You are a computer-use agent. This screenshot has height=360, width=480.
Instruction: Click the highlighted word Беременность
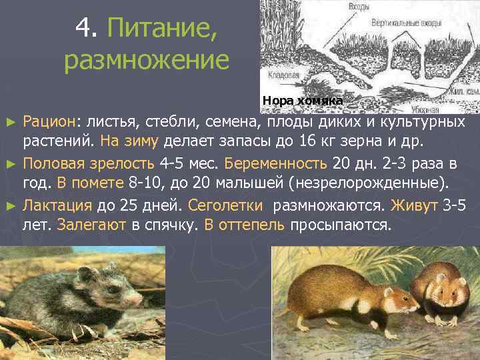(x=276, y=164)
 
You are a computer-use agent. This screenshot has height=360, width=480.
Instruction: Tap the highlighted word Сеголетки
(x=229, y=205)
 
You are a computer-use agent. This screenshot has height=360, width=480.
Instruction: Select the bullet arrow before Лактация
(x=10, y=206)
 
